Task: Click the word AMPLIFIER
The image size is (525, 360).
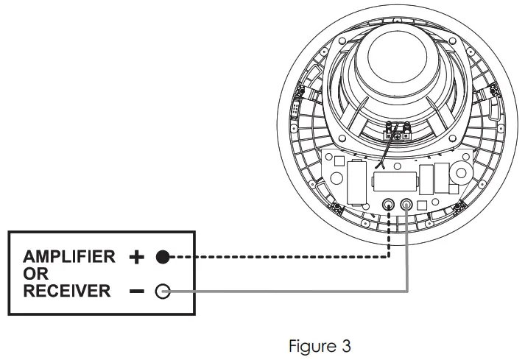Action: [69, 257]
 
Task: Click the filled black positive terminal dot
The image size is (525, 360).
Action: [163, 258]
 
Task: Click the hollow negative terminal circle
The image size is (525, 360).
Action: [163, 292]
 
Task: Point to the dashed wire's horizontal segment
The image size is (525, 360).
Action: [280, 258]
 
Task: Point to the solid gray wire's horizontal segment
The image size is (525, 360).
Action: [287, 292]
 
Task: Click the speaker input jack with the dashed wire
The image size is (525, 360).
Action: [389, 204]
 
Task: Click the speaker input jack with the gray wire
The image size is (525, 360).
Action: [406, 204]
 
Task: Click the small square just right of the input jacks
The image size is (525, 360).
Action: [422, 205]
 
